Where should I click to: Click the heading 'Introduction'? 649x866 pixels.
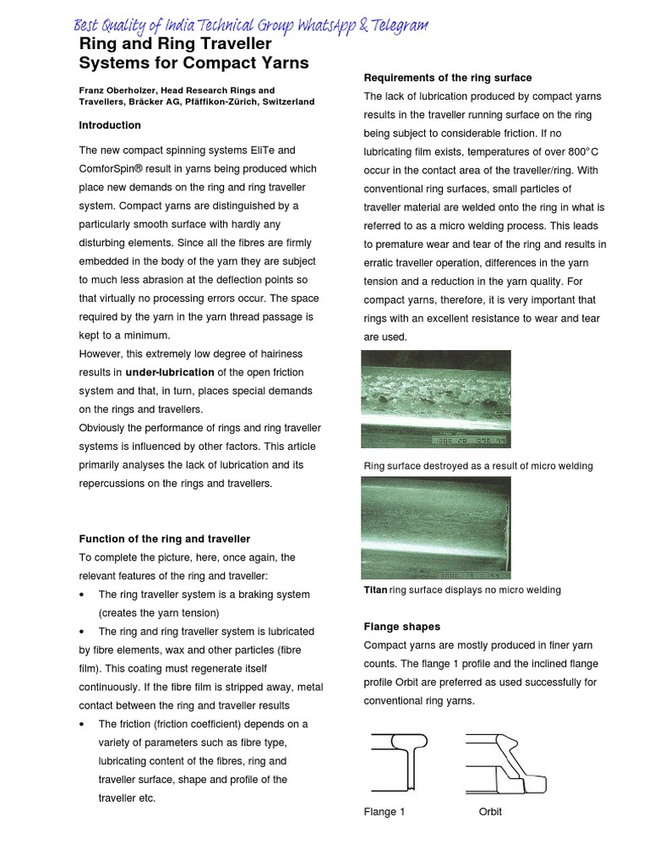point(110,125)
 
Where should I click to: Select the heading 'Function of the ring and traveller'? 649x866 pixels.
point(164,539)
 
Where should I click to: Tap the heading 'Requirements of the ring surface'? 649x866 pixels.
point(448,78)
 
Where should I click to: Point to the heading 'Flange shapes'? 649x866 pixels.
point(402,627)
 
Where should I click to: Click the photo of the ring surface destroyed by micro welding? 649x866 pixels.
point(436,398)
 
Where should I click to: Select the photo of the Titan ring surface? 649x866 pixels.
point(436,528)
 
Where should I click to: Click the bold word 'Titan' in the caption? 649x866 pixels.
point(375,589)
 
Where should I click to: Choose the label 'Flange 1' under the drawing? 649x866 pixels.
point(384,812)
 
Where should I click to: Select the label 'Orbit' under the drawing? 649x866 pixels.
point(490,812)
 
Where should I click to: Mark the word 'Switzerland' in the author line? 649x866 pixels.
point(284,101)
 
